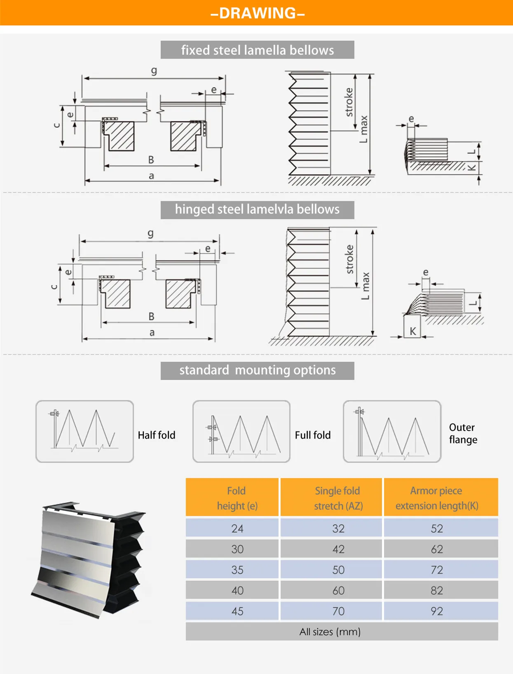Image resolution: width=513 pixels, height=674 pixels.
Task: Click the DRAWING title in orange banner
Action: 257,13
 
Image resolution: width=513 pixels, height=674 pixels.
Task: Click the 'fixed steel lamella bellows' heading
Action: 257,50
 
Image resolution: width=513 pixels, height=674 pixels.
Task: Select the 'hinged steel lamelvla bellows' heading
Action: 257,209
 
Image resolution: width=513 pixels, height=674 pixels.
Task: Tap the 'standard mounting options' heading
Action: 257,370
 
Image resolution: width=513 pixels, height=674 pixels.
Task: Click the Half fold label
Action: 156,435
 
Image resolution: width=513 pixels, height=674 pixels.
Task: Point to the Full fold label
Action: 312,435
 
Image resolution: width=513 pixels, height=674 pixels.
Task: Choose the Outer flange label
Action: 463,433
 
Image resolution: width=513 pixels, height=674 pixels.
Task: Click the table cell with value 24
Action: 237,528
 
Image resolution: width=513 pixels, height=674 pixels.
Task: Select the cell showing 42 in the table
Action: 338,549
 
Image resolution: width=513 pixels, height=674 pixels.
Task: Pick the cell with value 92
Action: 436,611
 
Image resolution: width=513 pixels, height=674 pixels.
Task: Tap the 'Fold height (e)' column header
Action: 237,498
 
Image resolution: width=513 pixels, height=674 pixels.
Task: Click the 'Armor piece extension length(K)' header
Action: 436,498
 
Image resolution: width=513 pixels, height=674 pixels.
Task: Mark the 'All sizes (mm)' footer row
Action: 330,632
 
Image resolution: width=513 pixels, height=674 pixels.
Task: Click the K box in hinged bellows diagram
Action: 412,331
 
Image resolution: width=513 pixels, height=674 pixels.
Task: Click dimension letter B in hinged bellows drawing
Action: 151,316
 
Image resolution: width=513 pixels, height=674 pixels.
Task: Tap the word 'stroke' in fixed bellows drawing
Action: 349,102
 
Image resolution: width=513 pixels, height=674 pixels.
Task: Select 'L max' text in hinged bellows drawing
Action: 365,286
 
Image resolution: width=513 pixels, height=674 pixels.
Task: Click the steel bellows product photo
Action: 89,559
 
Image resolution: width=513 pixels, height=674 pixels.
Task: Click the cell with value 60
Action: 338,590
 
